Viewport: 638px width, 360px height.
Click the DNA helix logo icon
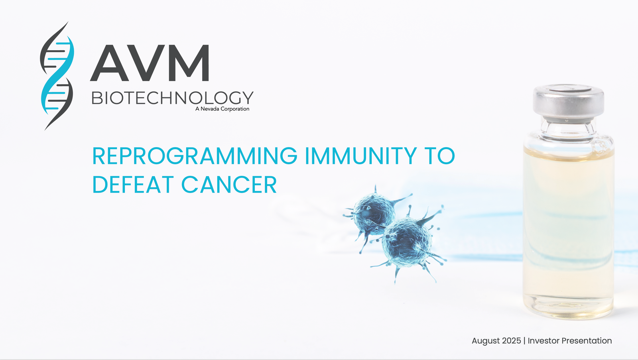[57, 75]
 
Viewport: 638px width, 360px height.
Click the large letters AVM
[150, 63]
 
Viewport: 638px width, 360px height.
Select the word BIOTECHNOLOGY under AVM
[172, 98]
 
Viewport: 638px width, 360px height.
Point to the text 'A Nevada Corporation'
[222, 109]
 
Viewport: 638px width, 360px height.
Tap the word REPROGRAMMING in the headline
[195, 156]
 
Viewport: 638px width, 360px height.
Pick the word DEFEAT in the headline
[133, 185]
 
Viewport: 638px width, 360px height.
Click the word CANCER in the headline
[229, 185]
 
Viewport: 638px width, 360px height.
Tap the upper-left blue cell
[374, 214]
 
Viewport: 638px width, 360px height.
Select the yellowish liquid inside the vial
[569, 234]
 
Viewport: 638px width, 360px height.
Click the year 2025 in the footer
[512, 340]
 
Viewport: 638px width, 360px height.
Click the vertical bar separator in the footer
[524, 341]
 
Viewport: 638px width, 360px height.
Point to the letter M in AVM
[190, 63]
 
